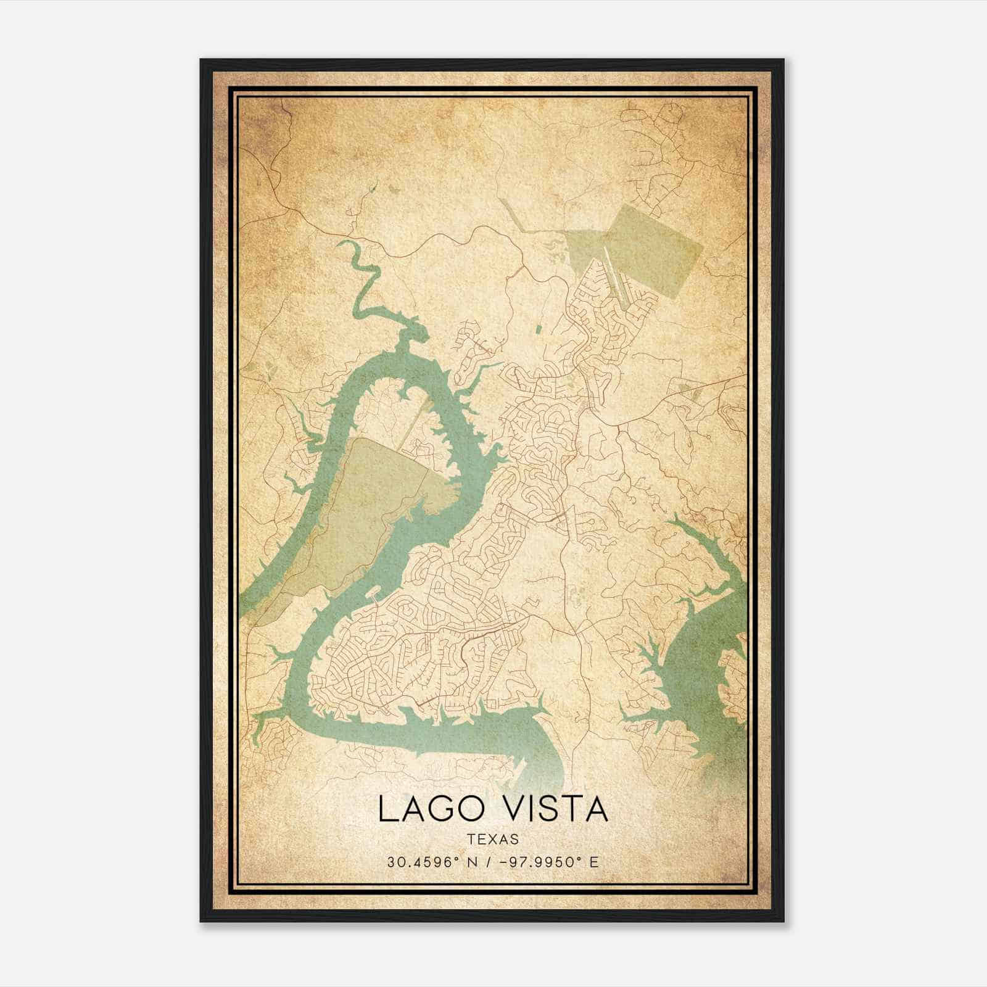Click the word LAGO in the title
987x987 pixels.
(x=424, y=809)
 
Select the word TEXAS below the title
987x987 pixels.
(x=493, y=839)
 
